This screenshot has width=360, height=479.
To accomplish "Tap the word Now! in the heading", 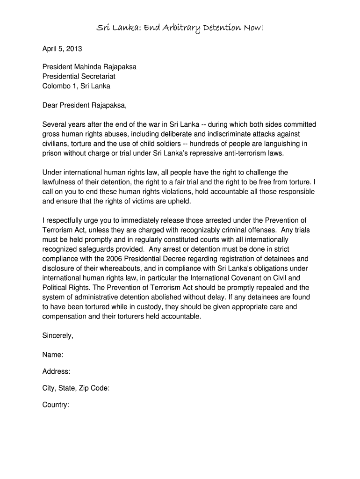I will coord(252,29).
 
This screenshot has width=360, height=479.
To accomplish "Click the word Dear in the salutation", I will coord(50,105).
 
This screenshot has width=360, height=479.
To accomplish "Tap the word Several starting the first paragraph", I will coord(54,124).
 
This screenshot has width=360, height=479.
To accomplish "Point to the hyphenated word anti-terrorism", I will coord(245,153).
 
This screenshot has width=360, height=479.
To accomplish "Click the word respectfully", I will coord(66,220).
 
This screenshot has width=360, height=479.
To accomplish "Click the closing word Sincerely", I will coord(57,335).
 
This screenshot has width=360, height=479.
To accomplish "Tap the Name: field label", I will coord(53,355).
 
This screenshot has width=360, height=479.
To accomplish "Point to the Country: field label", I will coord(56,405).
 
